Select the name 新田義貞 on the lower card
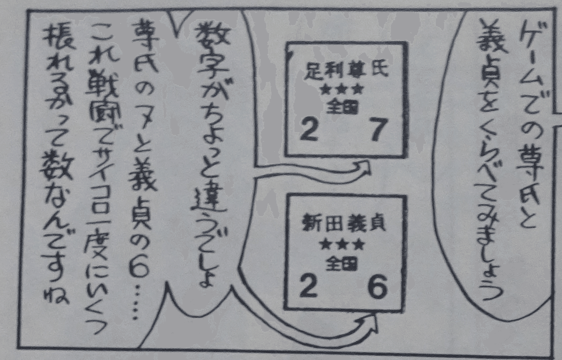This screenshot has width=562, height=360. pos(343,223)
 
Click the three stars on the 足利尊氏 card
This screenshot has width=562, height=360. pos(342,89)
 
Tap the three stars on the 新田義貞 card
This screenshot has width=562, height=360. pos(342,244)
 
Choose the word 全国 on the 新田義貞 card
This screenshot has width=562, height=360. pos(341,263)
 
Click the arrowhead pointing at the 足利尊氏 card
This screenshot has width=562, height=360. pos(364,168)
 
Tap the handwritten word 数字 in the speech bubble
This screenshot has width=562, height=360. pos(213,55)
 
